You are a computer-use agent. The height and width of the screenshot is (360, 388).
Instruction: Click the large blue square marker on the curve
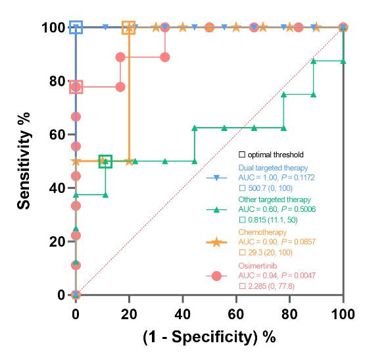coord(76,27)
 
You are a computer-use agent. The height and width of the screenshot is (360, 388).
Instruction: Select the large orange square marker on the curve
coord(129,27)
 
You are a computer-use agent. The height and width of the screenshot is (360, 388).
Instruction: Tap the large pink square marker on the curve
coord(76,87)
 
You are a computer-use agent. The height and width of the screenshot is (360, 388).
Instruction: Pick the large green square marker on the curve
coord(105,161)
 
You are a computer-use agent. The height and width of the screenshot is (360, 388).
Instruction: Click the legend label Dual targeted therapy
coord(272,168)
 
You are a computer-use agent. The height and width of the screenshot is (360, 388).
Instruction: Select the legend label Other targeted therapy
coord(274,199)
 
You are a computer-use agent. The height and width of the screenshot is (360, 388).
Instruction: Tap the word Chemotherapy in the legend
coord(262,232)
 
